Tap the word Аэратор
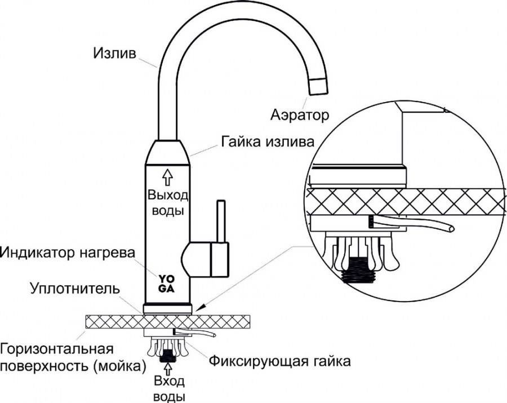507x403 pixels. [298, 116]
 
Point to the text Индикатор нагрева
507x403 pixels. [68, 251]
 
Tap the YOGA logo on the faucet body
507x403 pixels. [166, 283]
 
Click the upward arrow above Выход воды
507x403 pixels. [167, 176]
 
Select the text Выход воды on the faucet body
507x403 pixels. [167, 203]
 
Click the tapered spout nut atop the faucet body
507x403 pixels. [168, 152]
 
